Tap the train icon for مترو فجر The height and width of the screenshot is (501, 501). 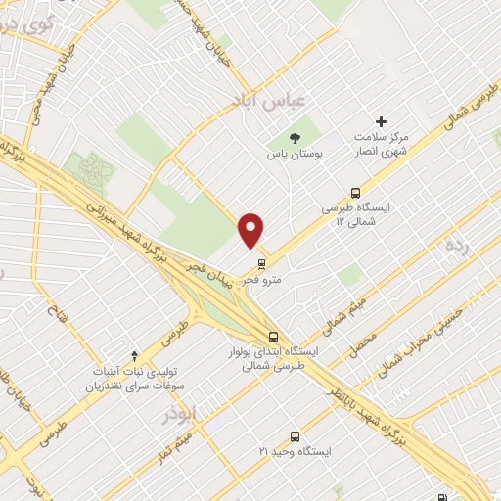[262, 262]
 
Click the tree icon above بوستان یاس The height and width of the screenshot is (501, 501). [296, 135]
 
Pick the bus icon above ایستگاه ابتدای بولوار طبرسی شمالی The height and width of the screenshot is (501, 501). [272, 337]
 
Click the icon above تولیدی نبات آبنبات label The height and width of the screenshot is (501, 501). [135, 354]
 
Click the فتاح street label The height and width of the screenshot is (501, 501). [53, 315]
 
